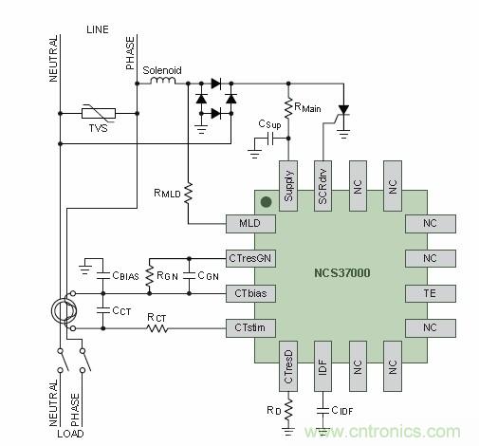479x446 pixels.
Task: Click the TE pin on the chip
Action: coord(430,293)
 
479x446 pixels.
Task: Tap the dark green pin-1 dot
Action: coord(267,202)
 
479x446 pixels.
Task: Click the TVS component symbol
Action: coord(98,114)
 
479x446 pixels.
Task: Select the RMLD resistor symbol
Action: coord(188,193)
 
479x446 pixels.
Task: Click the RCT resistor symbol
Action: coord(157,328)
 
